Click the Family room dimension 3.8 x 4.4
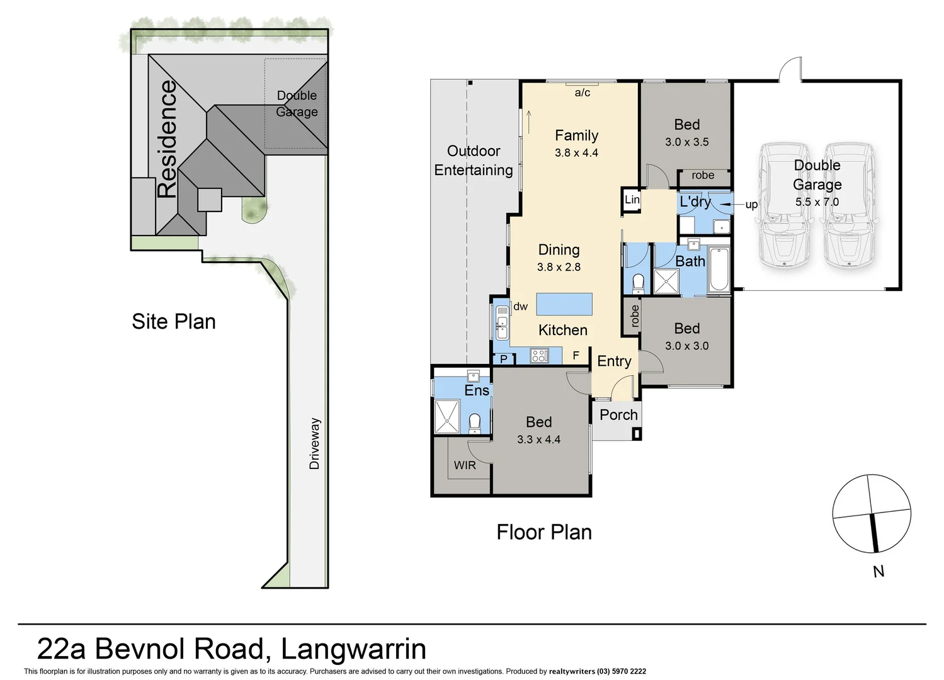point(576,153)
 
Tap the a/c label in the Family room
point(583,93)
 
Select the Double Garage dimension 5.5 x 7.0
point(817,202)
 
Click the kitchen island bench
point(564,304)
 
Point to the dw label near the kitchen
point(520,307)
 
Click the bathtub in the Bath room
point(719,271)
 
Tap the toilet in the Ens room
point(475,421)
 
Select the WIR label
point(465,465)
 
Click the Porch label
point(618,415)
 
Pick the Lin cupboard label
point(632,200)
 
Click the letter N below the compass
point(879,571)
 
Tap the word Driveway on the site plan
point(315,443)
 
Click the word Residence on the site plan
point(168,139)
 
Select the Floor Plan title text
point(544,533)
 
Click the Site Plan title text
point(174,322)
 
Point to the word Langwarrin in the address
point(353,649)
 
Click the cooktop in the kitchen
point(539,356)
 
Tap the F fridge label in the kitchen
point(576,356)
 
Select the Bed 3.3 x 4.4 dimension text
point(538,439)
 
